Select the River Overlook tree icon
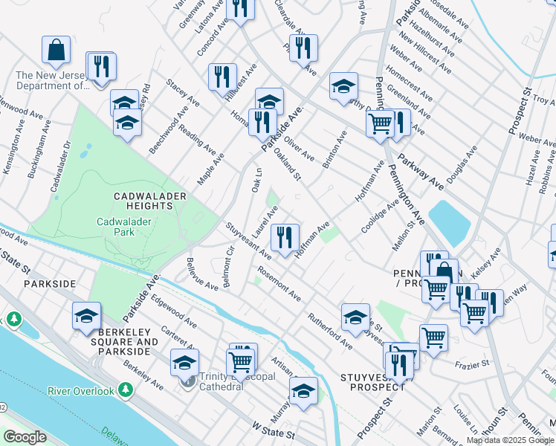[126, 389]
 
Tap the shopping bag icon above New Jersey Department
[56, 51]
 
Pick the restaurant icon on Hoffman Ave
[285, 238]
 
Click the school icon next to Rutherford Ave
[355, 317]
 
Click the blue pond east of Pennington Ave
[449, 224]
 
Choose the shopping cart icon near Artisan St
[241, 362]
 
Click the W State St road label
[273, 430]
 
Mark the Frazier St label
[473, 364]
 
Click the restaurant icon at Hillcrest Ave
[222, 76]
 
